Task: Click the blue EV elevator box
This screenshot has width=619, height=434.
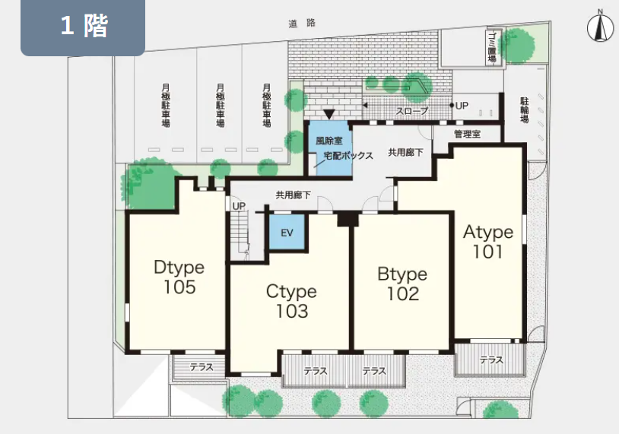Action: click(287, 232)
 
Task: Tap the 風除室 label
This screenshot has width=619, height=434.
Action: click(329, 141)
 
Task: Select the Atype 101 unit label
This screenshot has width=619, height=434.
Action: click(488, 242)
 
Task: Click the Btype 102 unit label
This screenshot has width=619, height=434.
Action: click(402, 284)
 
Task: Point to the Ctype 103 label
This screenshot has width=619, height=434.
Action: click(291, 301)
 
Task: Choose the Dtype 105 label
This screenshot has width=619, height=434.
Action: click(179, 277)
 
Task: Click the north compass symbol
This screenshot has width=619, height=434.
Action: click(600, 26)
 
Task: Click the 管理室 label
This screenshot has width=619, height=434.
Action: click(468, 134)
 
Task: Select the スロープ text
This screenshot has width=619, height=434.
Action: click(412, 111)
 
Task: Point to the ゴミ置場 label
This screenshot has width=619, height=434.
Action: click(492, 47)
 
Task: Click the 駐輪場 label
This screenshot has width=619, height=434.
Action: click(524, 110)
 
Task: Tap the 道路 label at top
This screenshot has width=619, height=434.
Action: click(302, 24)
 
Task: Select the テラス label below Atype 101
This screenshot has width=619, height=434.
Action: click(491, 360)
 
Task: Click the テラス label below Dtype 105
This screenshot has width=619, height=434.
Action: click(202, 367)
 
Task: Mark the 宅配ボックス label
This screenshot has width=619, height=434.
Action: click(348, 156)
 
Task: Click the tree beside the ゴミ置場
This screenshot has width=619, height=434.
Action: click(518, 46)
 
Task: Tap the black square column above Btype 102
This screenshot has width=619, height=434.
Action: click(348, 219)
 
